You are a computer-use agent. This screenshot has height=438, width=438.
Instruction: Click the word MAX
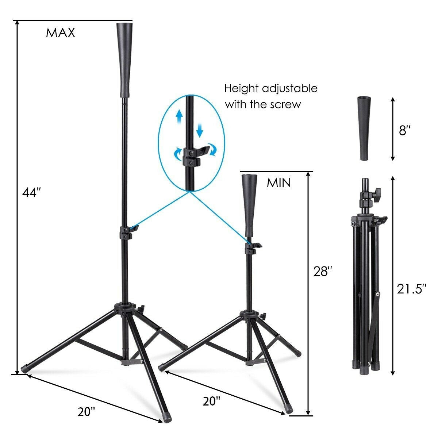coord(60,33)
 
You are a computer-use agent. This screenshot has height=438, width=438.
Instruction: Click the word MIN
coord(279,183)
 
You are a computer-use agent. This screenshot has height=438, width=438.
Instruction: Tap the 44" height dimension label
coord(30,192)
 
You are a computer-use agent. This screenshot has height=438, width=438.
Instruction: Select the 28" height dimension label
coord(323,272)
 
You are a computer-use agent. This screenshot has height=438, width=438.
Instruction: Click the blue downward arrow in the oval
coord(199,130)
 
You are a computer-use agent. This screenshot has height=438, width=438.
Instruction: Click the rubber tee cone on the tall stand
coord(123,60)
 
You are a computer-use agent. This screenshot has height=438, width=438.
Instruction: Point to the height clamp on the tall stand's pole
coord(126,232)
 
